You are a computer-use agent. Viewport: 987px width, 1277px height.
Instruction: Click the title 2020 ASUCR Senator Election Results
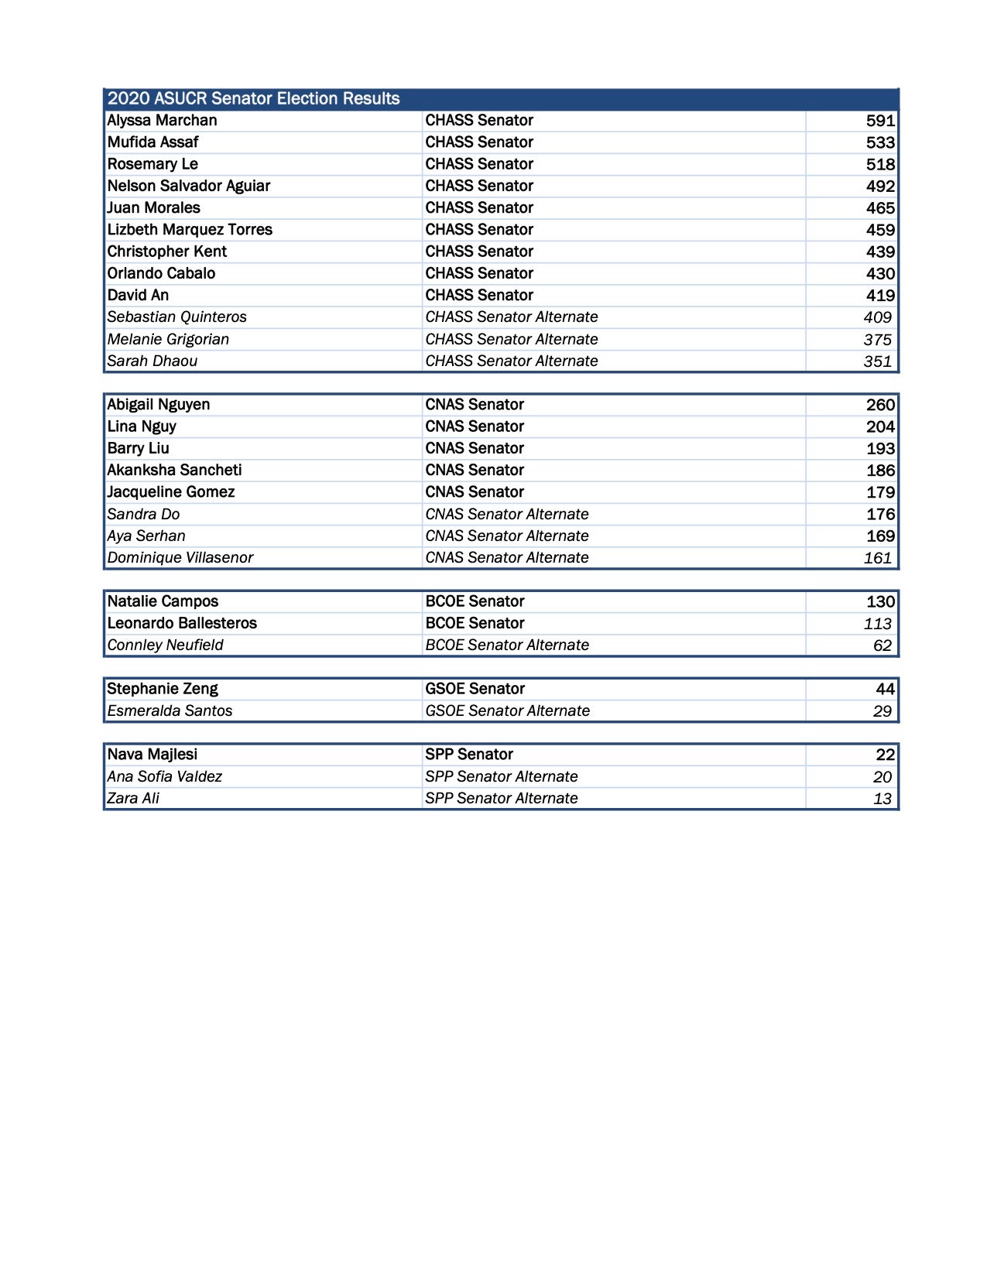click(x=253, y=99)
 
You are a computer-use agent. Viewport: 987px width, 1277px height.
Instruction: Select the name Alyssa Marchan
click(x=162, y=121)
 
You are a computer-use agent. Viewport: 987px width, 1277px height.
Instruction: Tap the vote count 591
click(x=880, y=121)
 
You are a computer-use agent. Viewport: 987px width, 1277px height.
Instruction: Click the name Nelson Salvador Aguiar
click(x=188, y=186)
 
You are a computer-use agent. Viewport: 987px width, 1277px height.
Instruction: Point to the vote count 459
click(x=880, y=230)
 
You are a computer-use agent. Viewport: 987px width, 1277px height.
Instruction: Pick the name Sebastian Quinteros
click(x=176, y=317)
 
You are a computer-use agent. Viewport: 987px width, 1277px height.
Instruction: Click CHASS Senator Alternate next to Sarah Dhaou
click(x=511, y=361)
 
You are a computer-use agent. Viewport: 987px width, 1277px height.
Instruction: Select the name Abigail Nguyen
click(x=158, y=405)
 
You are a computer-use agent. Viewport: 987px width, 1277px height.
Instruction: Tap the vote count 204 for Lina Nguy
click(x=880, y=426)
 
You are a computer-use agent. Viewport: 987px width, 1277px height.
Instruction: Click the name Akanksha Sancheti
click(x=174, y=471)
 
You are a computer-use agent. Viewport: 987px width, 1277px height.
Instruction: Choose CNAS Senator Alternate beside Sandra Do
click(x=506, y=515)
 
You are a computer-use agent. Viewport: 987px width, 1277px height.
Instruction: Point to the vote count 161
click(x=878, y=558)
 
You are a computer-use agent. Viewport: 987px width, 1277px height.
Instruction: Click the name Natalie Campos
click(x=163, y=601)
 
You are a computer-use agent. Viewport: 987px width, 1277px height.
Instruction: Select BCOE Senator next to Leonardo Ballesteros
click(x=475, y=624)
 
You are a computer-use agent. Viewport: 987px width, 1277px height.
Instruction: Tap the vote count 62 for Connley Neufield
click(x=882, y=645)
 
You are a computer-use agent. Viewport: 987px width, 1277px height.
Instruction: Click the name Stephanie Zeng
click(x=163, y=689)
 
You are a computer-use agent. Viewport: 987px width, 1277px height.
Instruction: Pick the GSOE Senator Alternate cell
click(x=507, y=711)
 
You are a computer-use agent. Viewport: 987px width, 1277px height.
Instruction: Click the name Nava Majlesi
click(x=152, y=755)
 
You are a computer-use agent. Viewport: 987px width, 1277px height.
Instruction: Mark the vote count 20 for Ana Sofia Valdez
click(x=882, y=777)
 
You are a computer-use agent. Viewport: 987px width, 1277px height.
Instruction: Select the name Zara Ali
click(x=133, y=799)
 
